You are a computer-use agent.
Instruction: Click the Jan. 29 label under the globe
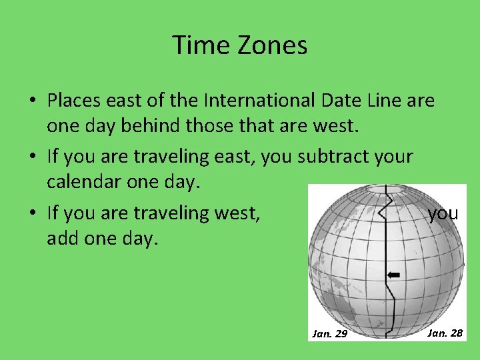pos(330,333)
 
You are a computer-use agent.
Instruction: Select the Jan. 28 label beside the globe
pos(445,332)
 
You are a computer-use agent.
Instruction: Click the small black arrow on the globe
pos(393,275)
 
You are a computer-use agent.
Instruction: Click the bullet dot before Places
pos(32,101)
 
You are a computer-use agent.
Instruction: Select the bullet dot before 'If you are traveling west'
pos(32,213)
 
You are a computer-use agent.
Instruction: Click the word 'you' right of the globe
pos(443,213)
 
